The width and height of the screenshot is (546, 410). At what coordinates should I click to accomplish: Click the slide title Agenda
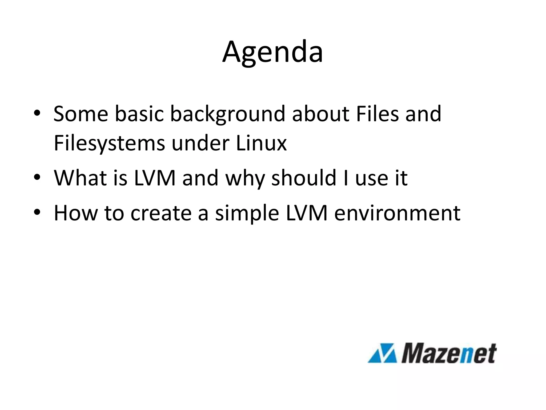[x=272, y=52]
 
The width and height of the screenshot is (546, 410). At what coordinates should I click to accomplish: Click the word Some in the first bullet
[x=81, y=114]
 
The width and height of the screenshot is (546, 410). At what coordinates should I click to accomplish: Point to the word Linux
[x=261, y=143]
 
